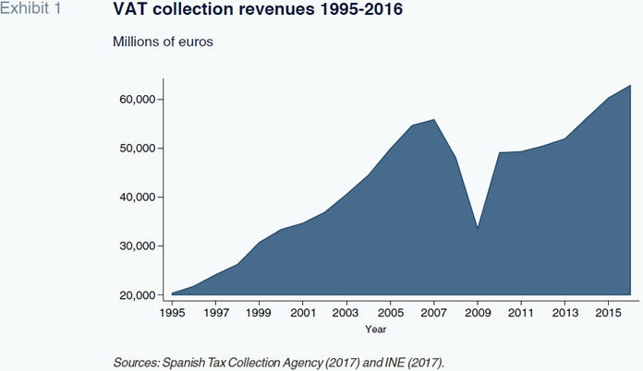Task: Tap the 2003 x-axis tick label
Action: click(346, 314)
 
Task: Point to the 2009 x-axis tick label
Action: click(478, 314)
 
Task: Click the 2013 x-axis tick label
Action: click(566, 314)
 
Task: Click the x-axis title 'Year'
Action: click(375, 329)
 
